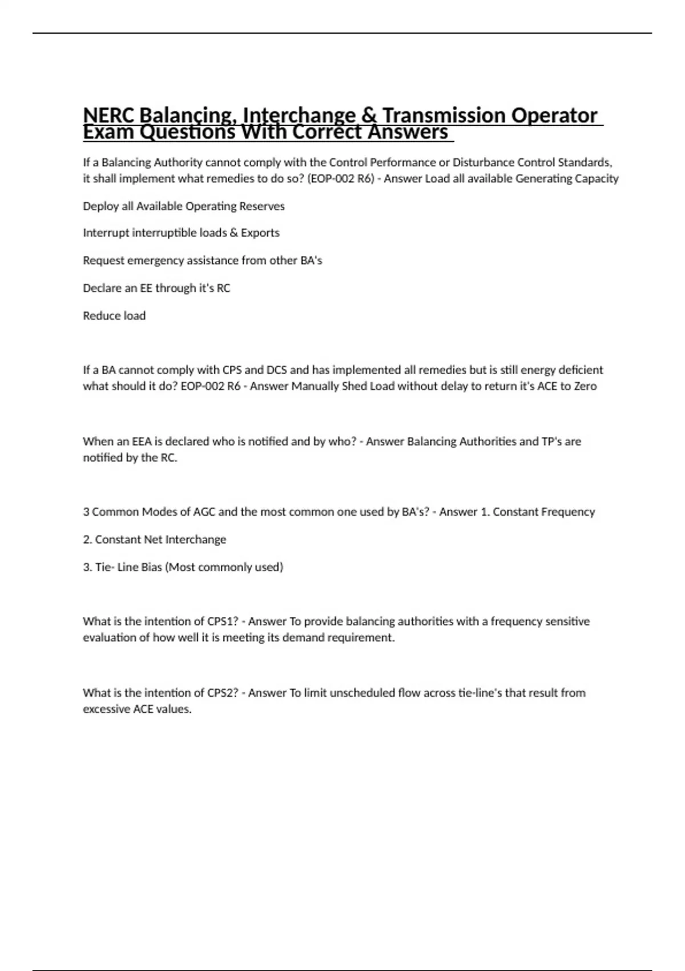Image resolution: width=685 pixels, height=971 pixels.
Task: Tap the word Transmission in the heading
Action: (443, 115)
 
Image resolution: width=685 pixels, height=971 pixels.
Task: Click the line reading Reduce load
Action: (114, 316)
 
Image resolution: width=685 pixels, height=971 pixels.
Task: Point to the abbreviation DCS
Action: (277, 370)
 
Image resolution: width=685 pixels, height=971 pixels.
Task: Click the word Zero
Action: (585, 386)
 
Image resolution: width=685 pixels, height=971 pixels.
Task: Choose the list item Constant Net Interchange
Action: (160, 540)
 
